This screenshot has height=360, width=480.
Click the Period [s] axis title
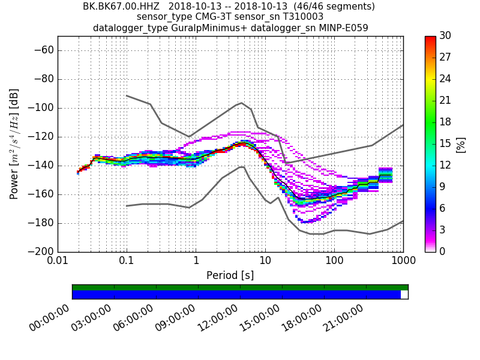click(230, 275)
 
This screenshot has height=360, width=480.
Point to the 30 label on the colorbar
click(445, 36)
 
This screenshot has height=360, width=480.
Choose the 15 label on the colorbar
click(445, 143)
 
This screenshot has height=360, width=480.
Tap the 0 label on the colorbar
click(443, 251)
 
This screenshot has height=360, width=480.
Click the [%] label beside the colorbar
click(461, 144)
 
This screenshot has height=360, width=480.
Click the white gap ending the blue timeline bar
click(404, 295)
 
